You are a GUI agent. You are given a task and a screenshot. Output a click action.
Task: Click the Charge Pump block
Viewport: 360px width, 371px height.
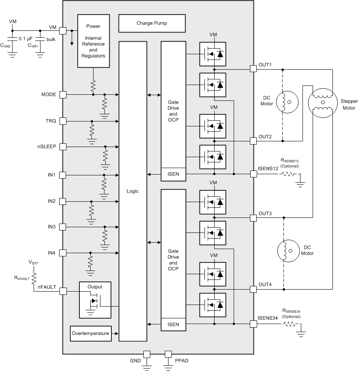pos(151,23)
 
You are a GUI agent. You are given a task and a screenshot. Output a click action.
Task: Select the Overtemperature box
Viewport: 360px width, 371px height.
pos(90,333)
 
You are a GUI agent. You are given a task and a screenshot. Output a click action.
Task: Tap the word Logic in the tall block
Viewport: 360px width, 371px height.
pos(132,191)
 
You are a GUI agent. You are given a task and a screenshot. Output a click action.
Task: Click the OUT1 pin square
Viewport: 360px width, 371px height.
pos(253,69)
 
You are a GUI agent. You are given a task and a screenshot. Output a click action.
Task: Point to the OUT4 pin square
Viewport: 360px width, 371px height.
pos(253,289)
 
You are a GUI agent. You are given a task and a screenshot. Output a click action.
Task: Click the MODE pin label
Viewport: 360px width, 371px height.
pos(48,95)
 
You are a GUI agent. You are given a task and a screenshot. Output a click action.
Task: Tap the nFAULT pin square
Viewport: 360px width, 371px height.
pos(63,291)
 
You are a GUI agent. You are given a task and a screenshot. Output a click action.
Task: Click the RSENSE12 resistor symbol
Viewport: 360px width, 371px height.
pos(287,174)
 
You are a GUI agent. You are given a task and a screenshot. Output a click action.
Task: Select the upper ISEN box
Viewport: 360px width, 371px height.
pos(173,174)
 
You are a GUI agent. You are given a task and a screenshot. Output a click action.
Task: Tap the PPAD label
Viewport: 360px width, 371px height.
pos(181,360)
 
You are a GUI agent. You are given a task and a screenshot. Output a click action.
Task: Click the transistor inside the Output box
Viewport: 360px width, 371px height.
pos(94,302)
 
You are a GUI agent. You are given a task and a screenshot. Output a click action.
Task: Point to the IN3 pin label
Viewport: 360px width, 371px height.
pos(51,227)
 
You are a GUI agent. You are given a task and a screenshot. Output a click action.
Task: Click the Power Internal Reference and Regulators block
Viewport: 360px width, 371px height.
pos(93,41)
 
